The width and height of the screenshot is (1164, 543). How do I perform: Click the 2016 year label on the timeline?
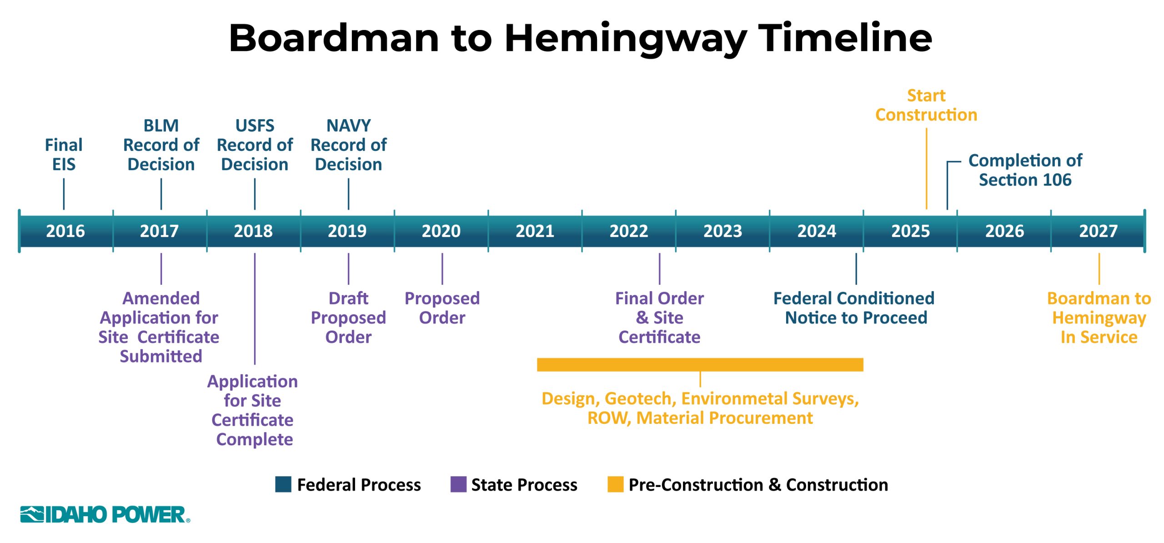(65, 231)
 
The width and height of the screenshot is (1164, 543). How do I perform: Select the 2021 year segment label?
(535, 231)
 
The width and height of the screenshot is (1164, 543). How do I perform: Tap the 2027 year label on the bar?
(1098, 231)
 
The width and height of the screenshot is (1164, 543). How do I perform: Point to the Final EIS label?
(64, 155)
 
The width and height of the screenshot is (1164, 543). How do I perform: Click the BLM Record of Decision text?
(161, 145)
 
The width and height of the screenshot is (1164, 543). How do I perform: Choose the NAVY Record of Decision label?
(348, 145)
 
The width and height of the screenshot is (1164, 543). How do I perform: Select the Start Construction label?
(926, 105)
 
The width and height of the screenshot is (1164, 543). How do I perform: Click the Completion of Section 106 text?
(1025, 170)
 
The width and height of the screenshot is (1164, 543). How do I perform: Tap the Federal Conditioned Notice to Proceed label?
(854, 308)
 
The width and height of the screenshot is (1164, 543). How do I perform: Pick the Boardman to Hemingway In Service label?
(1099, 317)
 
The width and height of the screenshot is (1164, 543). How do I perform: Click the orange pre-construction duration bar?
(700, 365)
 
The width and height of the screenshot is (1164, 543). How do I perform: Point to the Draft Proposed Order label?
(348, 317)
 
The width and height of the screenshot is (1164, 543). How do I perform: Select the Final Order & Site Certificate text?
(659, 317)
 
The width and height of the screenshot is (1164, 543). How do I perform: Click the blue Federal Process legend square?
(283, 484)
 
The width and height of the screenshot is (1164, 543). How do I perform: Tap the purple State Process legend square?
(458, 484)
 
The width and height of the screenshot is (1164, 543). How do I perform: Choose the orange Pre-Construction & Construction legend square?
(615, 484)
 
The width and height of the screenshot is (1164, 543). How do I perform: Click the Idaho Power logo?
(105, 514)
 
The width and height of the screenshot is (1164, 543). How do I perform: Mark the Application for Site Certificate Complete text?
(253, 410)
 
